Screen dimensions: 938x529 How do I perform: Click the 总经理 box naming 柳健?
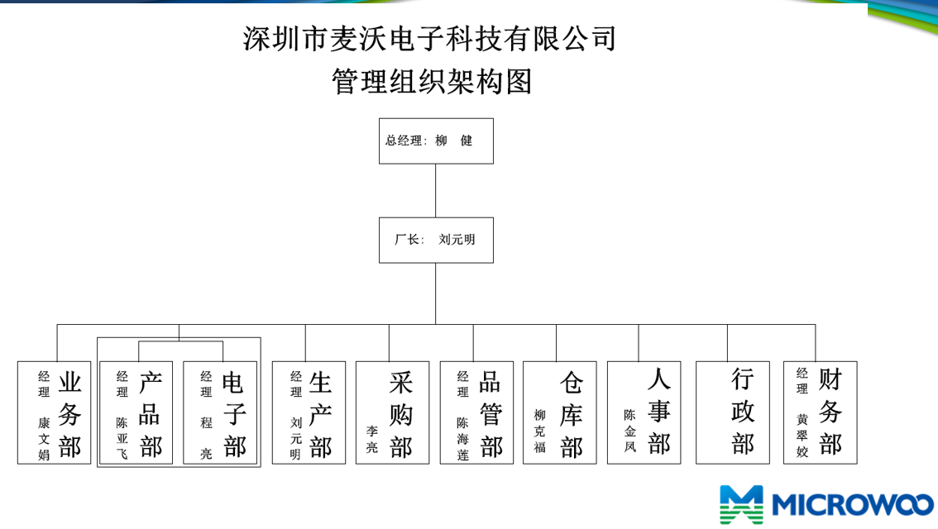coord(436,141)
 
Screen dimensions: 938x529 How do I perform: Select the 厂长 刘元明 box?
coord(436,241)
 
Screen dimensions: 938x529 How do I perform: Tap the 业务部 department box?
coord(54,412)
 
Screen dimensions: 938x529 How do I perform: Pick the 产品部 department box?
coord(136,412)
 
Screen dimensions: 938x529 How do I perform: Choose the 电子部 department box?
coord(219,412)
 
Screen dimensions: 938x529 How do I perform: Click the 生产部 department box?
coord(309,412)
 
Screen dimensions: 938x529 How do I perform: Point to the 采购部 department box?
coord(392,412)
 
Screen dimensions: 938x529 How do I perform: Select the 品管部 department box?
coord(476,412)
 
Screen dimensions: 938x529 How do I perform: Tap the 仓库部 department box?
coord(560,412)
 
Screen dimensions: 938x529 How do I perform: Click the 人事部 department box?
coord(644,412)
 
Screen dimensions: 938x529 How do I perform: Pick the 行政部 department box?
coord(733,412)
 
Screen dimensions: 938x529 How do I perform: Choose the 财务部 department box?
coord(821,412)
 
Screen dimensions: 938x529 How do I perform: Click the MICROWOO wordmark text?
coord(853,504)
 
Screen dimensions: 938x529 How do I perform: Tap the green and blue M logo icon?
coord(741,504)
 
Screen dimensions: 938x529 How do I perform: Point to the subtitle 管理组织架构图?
coord(432,81)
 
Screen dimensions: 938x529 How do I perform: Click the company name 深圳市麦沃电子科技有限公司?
coord(429,39)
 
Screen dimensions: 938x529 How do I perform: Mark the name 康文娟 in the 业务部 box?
coord(44,439)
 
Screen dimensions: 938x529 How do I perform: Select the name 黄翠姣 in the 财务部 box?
coord(802,436)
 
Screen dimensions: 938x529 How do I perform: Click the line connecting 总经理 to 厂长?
coord(435,191)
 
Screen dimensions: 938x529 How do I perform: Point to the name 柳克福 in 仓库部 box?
coord(539,431)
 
